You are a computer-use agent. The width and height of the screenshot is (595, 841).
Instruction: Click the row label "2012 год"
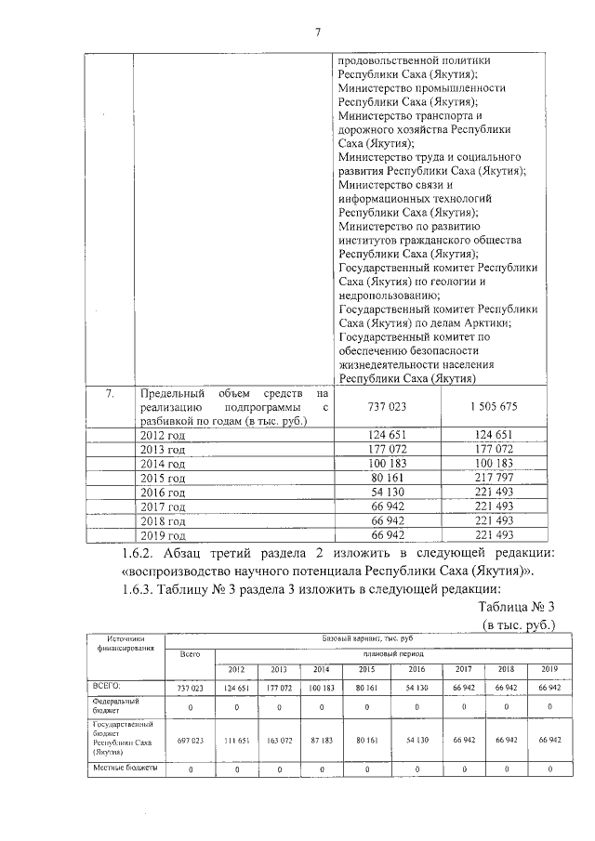pos(162,435)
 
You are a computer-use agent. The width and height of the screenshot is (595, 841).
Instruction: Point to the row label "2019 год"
pos(162,535)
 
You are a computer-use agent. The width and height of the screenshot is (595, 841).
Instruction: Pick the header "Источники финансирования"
pos(124,644)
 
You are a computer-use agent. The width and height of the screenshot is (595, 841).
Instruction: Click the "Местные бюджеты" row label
pos(126,769)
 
